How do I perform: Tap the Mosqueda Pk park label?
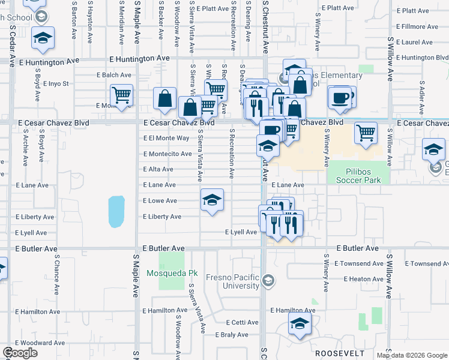172,273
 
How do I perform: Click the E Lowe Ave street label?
160,201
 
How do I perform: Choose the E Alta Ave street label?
158,170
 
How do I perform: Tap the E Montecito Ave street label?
167,154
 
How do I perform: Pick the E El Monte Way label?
166,138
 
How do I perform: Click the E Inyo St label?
56,83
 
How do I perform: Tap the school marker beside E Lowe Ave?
212,200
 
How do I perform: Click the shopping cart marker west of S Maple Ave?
121,95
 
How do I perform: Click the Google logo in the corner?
20,353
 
